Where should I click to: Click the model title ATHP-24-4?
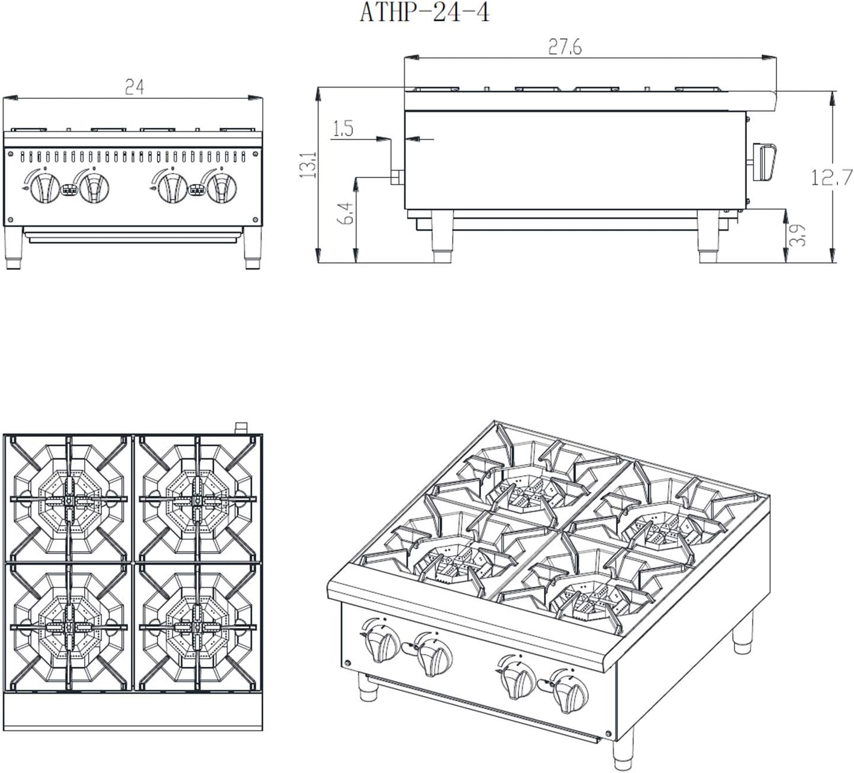[x=424, y=13]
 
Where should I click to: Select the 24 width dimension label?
[x=134, y=88]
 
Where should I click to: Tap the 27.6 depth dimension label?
[x=565, y=47]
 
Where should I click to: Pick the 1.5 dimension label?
[x=343, y=128]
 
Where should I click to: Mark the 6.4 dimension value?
[x=347, y=213]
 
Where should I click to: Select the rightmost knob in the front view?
[x=221, y=187]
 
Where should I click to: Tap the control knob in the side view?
[x=764, y=162]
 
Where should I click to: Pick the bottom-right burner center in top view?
[x=196, y=626]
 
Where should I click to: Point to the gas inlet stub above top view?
[x=241, y=427]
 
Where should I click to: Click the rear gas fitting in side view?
[x=397, y=177]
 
